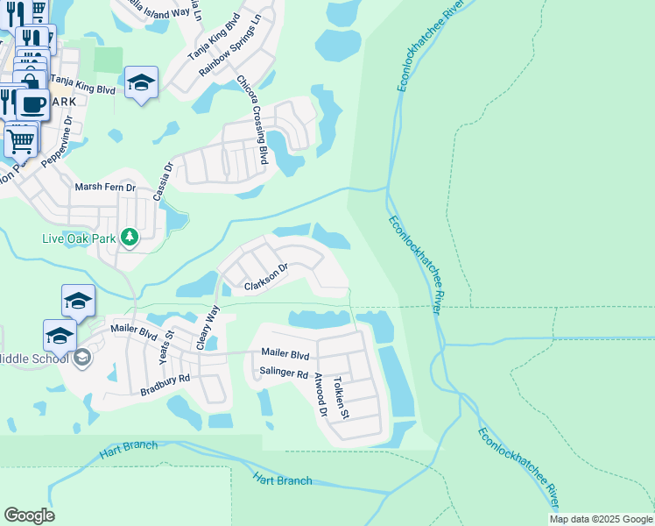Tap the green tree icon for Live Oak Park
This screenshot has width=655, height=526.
pyautogui.click(x=130, y=237)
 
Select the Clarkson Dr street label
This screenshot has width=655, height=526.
pyautogui.click(x=265, y=278)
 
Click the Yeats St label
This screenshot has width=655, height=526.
pyautogui.click(x=168, y=338)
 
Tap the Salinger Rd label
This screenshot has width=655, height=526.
pyautogui.click(x=284, y=373)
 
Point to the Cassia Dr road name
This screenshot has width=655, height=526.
pyautogui.click(x=163, y=181)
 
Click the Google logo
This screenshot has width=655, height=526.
pyautogui.click(x=29, y=515)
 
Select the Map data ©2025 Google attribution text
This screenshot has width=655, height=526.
pyautogui.click(x=601, y=519)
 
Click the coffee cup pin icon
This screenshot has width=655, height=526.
pyautogui.click(x=32, y=103)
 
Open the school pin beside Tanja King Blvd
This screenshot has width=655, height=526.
pyautogui.click(x=141, y=82)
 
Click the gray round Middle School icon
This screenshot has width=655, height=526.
pyautogui.click(x=81, y=357)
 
